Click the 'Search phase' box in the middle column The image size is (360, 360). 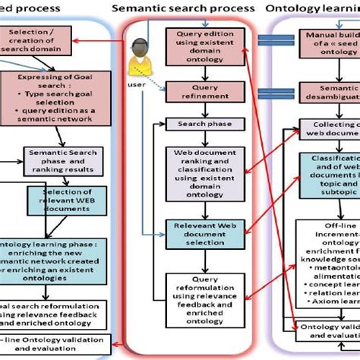coord(198,124)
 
